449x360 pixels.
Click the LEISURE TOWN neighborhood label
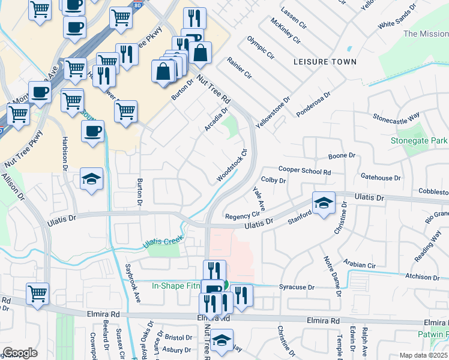coord(325,62)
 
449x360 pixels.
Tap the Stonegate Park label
coord(419,140)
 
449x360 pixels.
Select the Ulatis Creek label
coord(162,242)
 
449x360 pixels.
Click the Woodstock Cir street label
coord(232,167)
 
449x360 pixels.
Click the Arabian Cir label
coord(360,265)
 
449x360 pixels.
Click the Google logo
coord(20,353)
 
